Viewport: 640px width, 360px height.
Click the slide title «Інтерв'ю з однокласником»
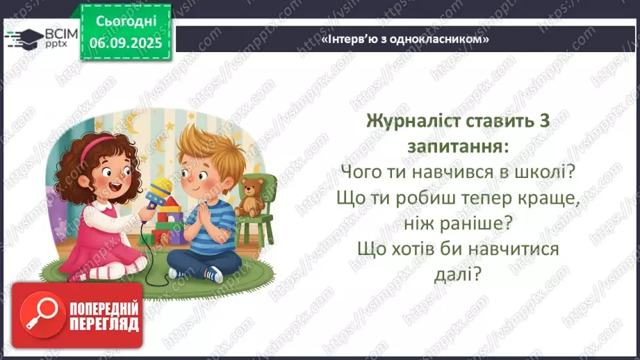pos(406,40)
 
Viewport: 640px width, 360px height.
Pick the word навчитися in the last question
pos(514,248)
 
